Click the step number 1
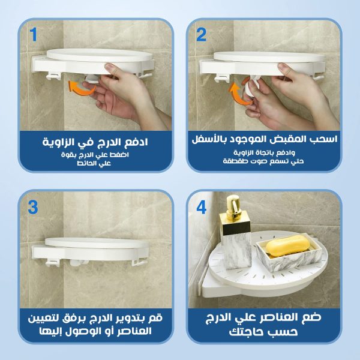[x=34, y=34]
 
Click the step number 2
[x=201, y=34]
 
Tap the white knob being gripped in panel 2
[x=250, y=88]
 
